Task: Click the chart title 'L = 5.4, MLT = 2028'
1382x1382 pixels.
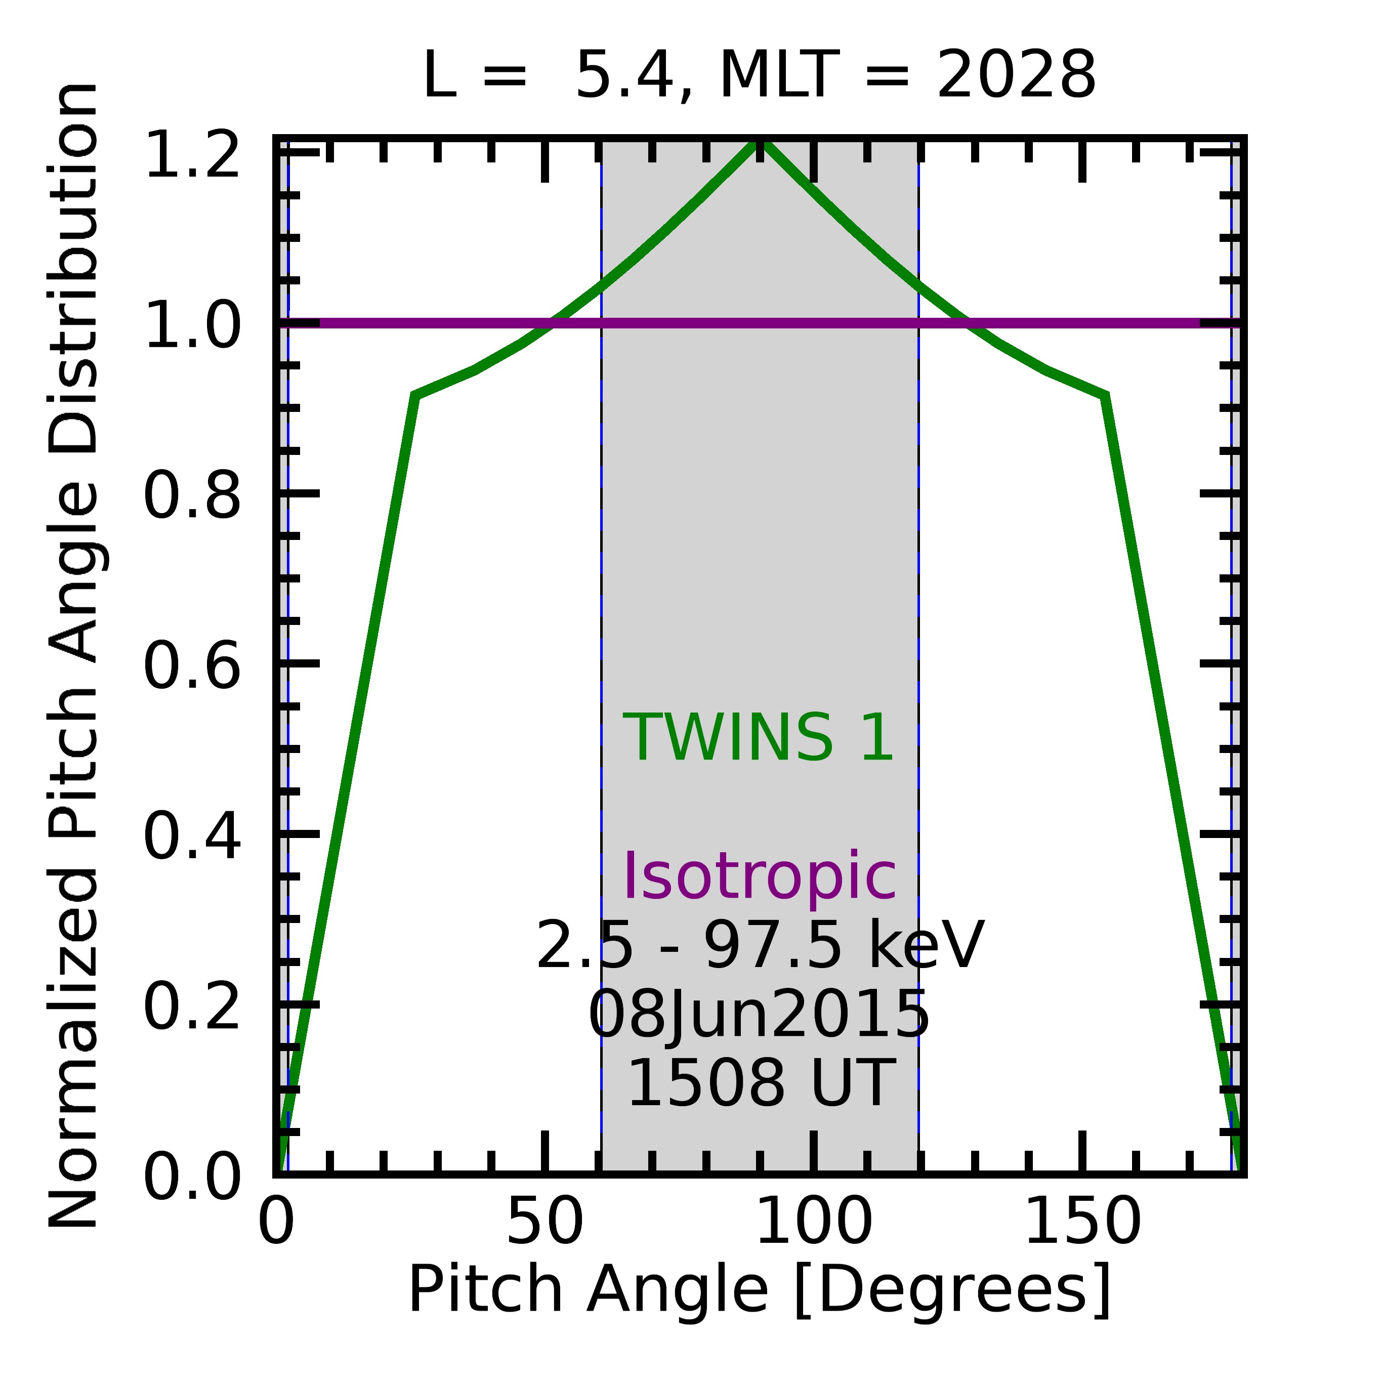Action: [x=759, y=76]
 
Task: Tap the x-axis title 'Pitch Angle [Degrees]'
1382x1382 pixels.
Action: [x=759, y=1288]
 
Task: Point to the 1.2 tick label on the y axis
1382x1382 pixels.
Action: [x=192, y=155]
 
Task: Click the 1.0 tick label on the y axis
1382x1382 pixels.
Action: [x=192, y=325]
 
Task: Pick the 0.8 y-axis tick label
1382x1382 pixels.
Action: [x=192, y=496]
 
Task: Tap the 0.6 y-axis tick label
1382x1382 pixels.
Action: [x=192, y=666]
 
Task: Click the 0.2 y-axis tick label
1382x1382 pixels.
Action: [x=192, y=1007]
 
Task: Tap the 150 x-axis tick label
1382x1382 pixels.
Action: [x=1082, y=1222]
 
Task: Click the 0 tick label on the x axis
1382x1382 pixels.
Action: [x=276, y=1222]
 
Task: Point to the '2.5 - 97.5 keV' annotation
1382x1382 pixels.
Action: [x=759, y=946]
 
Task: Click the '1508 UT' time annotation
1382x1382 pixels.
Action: [x=759, y=1083]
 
